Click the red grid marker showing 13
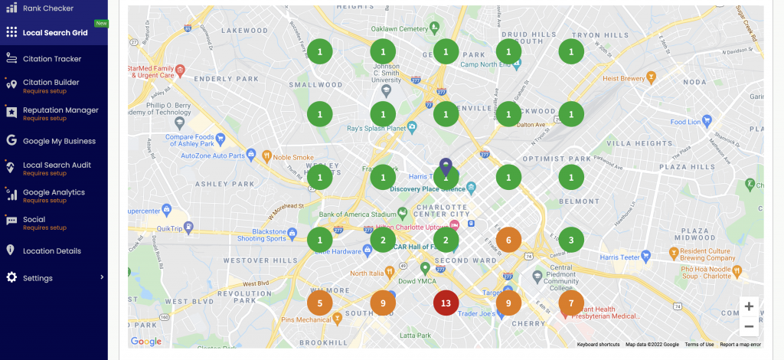446,303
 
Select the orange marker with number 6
508,240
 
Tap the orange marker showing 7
571,303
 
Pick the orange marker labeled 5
320,303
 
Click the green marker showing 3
571,240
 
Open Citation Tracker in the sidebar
52,58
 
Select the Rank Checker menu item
48,8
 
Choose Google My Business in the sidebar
59,141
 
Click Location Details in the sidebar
52,250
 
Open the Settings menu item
38,277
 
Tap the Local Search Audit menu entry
57,165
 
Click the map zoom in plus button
749,306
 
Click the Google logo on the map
146,342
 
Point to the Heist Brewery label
623,77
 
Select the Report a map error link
740,345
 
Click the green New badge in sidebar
101,23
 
